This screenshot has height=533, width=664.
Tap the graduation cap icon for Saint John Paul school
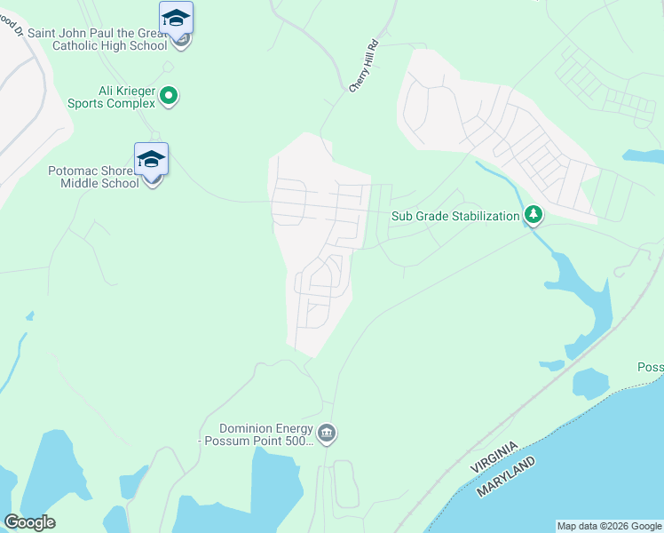176,18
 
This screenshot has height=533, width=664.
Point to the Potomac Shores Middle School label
94,176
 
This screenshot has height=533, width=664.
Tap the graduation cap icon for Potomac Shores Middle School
151,159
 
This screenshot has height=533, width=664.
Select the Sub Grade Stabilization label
455,216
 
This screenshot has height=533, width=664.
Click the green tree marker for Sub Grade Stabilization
533,215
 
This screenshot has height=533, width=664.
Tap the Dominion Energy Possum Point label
258,434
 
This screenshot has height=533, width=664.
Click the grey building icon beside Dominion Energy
327,434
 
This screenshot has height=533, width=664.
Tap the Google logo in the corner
29,522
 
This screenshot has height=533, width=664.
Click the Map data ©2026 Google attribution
609,526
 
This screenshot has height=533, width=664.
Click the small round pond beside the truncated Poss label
590,383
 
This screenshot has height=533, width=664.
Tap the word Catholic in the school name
84,45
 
